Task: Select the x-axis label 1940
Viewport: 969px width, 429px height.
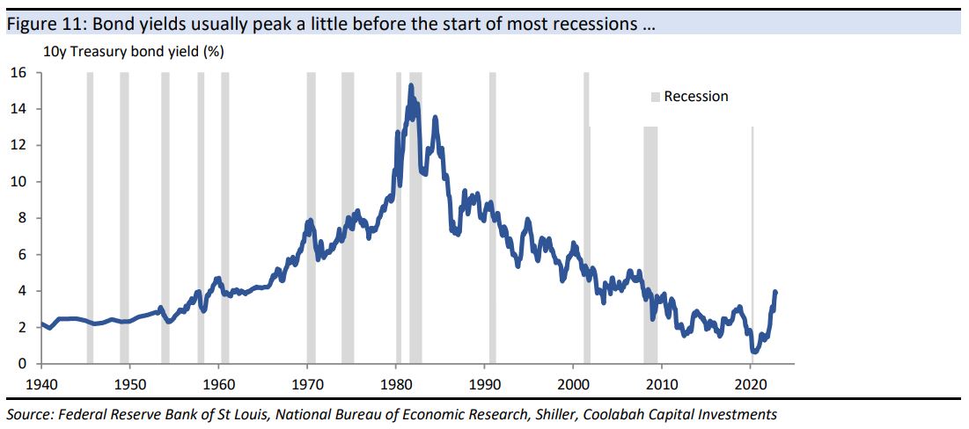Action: pyautogui.click(x=41, y=384)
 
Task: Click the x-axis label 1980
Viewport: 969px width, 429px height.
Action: pyautogui.click(x=396, y=384)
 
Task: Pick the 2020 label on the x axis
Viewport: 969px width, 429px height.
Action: pyautogui.click(x=751, y=384)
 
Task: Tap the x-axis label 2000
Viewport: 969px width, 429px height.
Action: pyautogui.click(x=573, y=384)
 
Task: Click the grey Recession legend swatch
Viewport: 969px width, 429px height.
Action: pyautogui.click(x=655, y=97)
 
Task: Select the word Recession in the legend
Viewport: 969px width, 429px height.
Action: pyautogui.click(x=696, y=97)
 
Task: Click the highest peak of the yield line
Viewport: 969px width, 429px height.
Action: pyautogui.click(x=411, y=86)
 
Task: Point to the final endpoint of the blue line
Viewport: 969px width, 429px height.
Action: pyautogui.click(x=775, y=292)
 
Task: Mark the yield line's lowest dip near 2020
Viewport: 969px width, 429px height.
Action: pyautogui.click(x=754, y=351)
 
